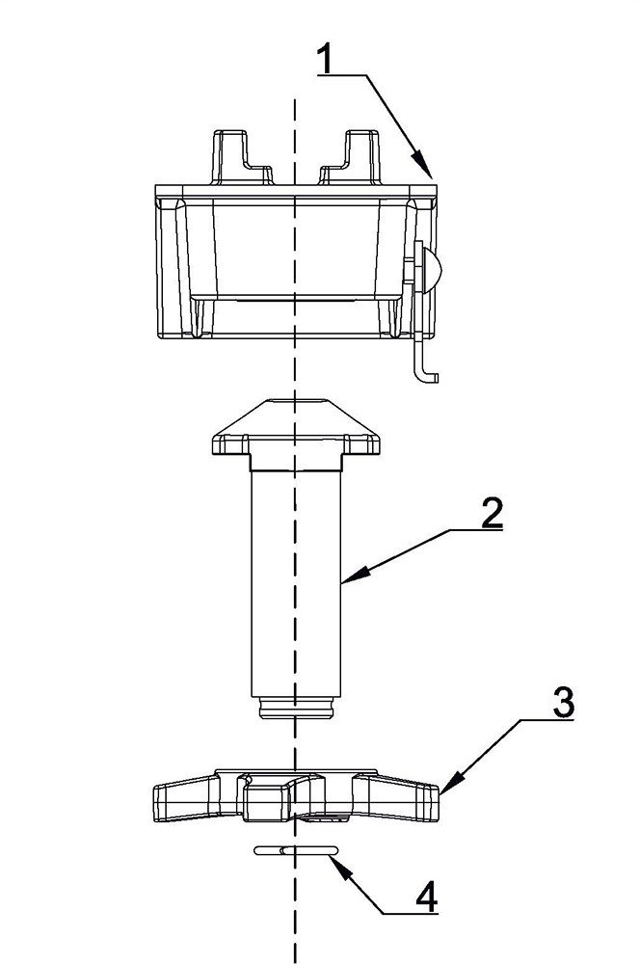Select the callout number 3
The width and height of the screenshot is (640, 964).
click(x=563, y=702)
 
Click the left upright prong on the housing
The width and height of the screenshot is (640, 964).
click(x=241, y=157)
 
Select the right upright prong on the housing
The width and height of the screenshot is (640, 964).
click(x=351, y=157)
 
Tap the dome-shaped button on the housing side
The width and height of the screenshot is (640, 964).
click(x=433, y=265)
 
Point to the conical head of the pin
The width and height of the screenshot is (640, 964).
click(x=295, y=427)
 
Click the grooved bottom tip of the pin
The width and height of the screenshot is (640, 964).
click(x=296, y=707)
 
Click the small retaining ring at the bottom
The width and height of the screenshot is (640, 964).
click(x=296, y=850)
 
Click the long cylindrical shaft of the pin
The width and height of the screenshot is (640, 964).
click(x=296, y=583)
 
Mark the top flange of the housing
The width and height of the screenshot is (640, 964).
click(x=296, y=191)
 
